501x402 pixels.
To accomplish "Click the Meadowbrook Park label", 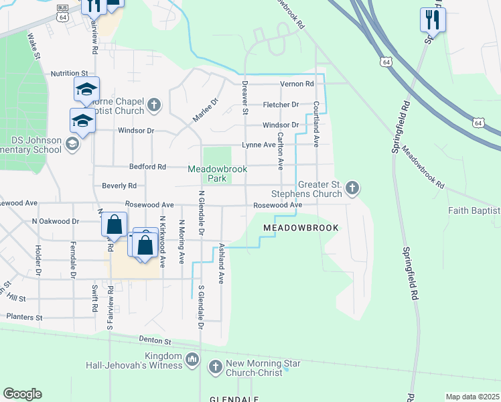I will pyautogui.click(x=216, y=174).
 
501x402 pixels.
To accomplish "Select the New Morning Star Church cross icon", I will pyautogui.click(x=215, y=366).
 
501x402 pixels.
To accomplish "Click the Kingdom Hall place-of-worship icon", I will pyautogui.click(x=193, y=360).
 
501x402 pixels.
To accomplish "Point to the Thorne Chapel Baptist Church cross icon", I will pyautogui.click(x=154, y=105).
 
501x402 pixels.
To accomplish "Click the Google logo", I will pyautogui.click(x=22, y=394).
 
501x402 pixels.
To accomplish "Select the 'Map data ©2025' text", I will pyautogui.click(x=472, y=397).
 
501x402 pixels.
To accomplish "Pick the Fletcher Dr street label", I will pyautogui.click(x=281, y=105).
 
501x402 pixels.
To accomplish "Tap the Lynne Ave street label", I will pyautogui.click(x=259, y=145).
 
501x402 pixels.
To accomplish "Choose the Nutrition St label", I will pyautogui.click(x=69, y=72).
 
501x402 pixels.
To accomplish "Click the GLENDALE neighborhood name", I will pyautogui.click(x=234, y=399).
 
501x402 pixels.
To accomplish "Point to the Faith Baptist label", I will pyautogui.click(x=474, y=210).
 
